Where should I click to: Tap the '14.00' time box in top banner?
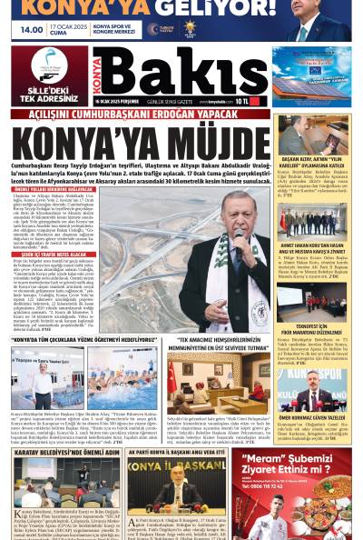click(x=32, y=29)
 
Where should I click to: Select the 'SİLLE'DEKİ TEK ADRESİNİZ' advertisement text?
click(x=49, y=92)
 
